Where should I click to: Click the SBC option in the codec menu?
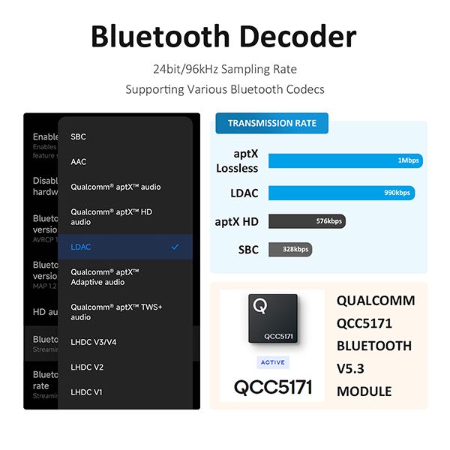click(79, 136)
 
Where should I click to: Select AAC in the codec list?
click(79, 161)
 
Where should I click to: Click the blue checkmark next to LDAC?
click(175, 247)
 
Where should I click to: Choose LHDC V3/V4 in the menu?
click(94, 342)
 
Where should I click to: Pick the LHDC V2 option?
click(87, 367)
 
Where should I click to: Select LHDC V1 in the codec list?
click(87, 391)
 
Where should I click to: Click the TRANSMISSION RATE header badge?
click(271, 124)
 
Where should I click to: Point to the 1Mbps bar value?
click(409, 160)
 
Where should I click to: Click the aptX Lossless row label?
click(236, 160)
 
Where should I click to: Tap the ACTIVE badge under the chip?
click(272, 361)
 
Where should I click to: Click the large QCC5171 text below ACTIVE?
click(272, 388)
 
